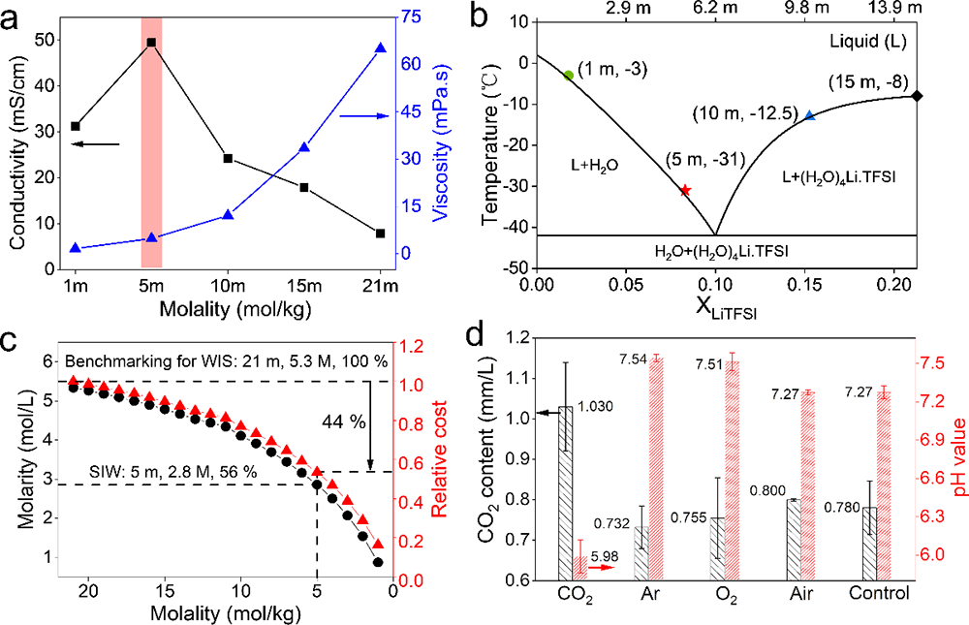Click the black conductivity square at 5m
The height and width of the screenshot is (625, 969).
point(151,43)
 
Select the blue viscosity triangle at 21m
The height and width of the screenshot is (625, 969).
point(380,47)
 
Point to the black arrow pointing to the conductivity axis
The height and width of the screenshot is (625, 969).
point(97,144)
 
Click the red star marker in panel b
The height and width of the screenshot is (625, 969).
point(685,190)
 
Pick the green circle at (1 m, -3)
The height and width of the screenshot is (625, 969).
point(569,75)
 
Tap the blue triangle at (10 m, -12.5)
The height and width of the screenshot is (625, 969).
point(810,115)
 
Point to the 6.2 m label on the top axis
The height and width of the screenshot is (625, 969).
point(716,8)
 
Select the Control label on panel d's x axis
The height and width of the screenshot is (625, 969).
point(877,594)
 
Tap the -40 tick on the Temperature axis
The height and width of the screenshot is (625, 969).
point(517,227)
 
